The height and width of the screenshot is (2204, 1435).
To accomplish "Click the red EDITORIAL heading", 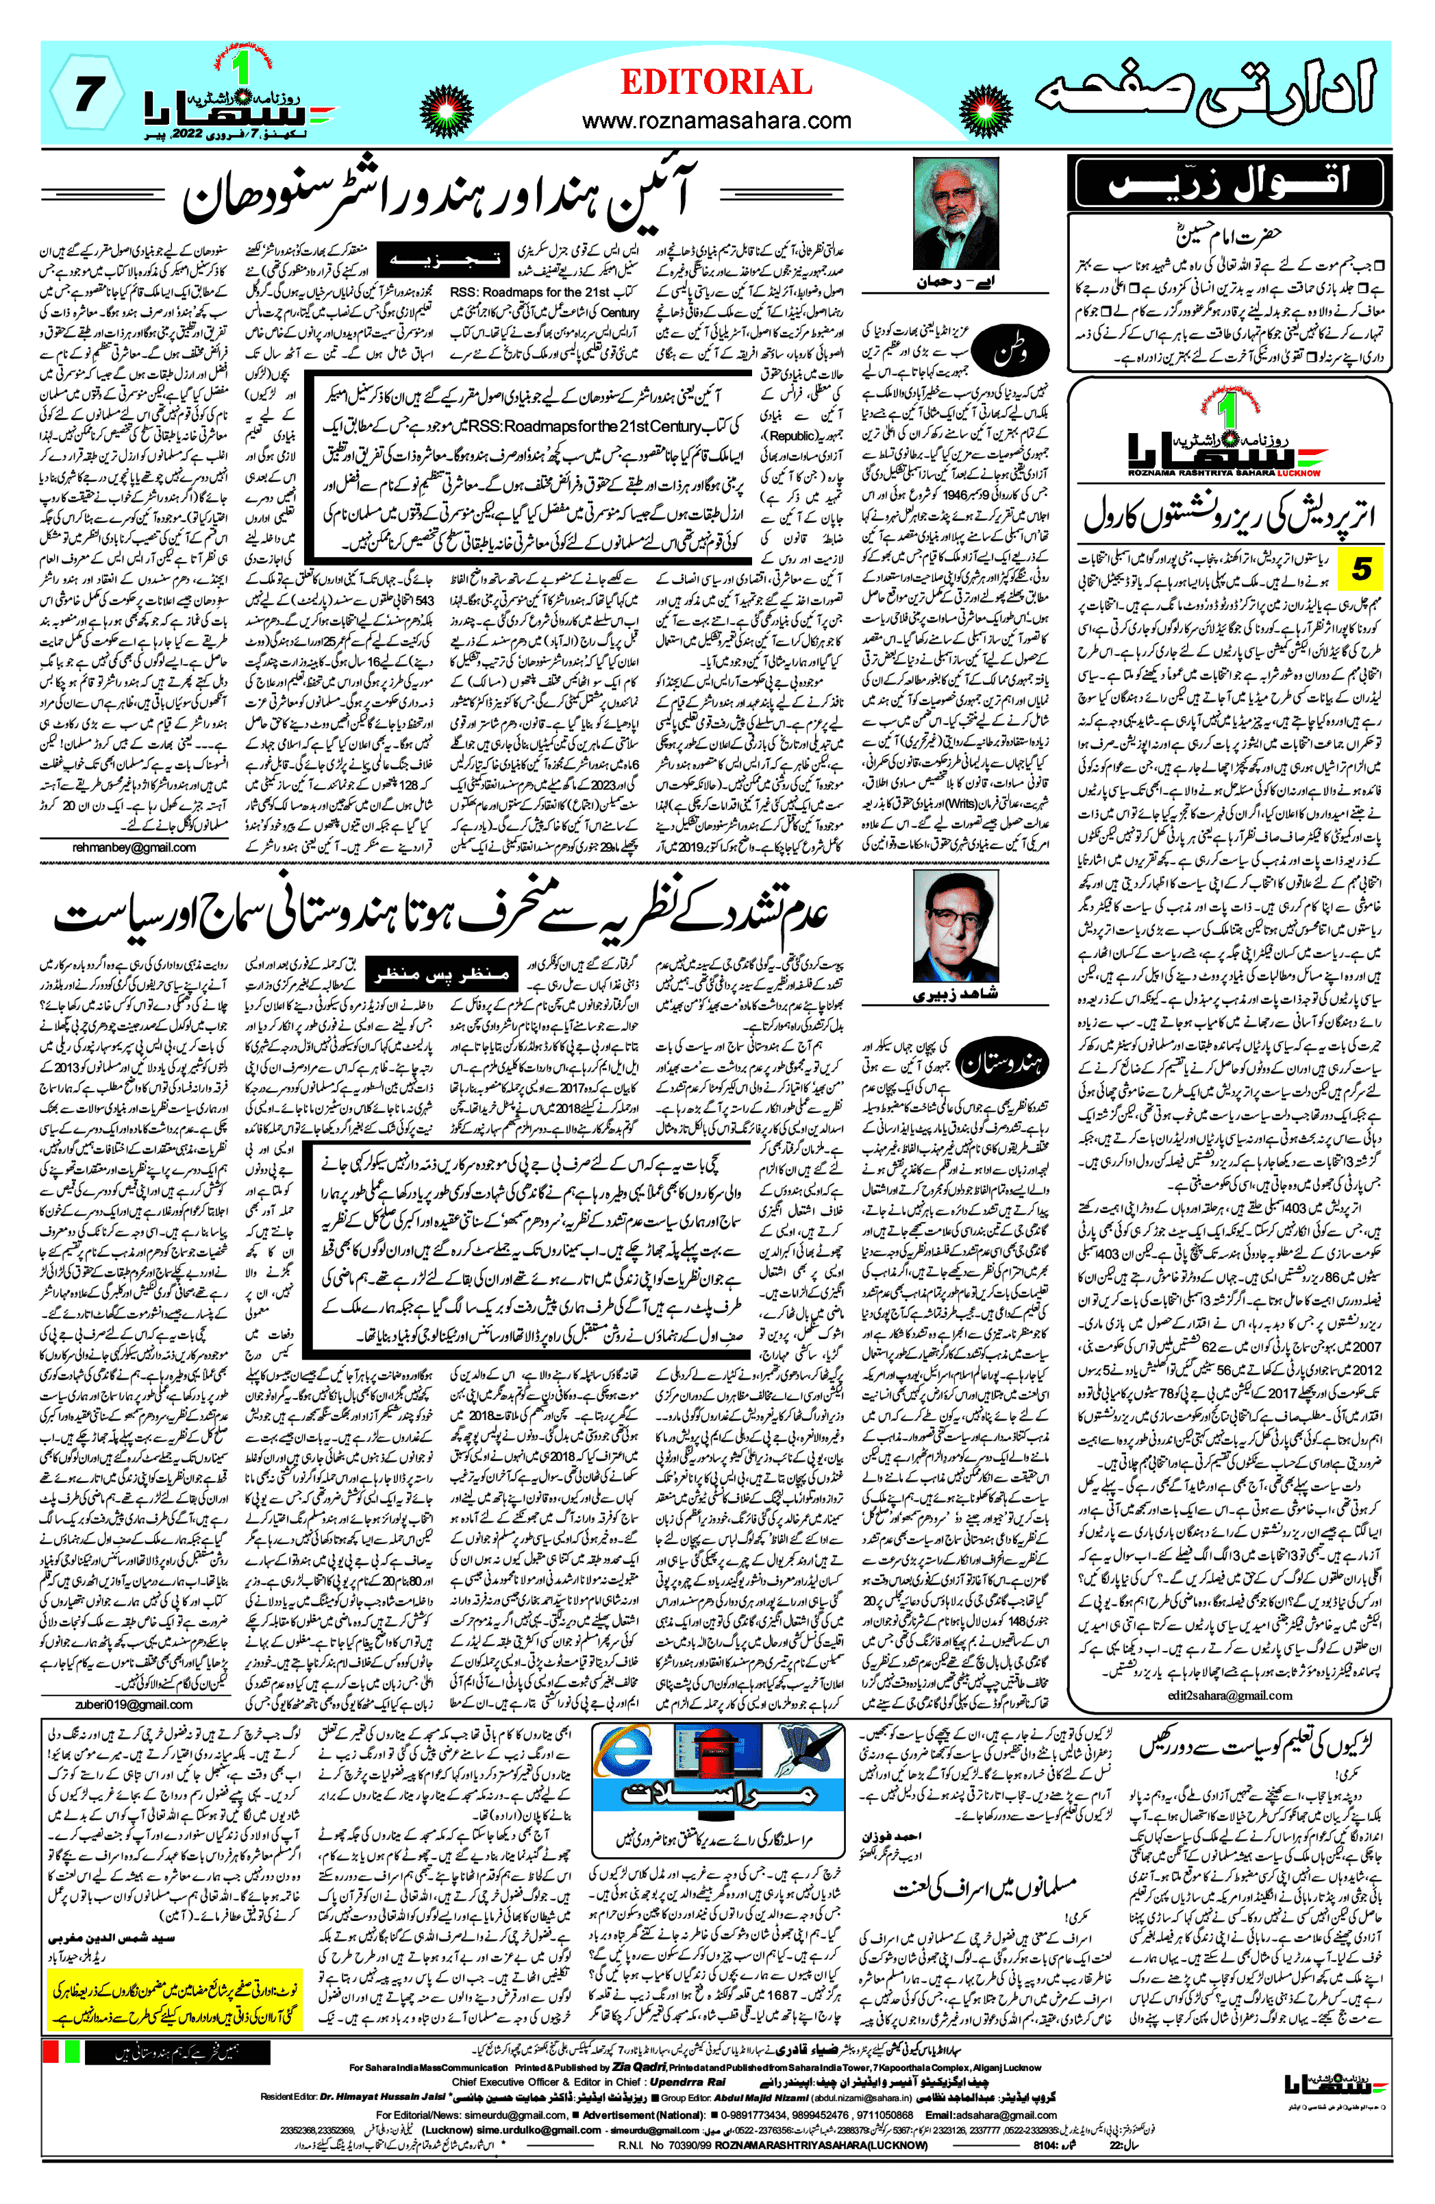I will click(x=716, y=82).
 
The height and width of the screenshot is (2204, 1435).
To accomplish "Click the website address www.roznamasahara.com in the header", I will click(x=716, y=121).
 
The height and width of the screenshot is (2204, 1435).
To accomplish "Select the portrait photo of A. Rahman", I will click(x=956, y=214).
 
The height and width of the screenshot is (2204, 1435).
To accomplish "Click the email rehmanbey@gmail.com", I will click(x=134, y=846).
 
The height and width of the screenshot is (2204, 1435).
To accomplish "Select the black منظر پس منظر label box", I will click(x=440, y=975).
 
